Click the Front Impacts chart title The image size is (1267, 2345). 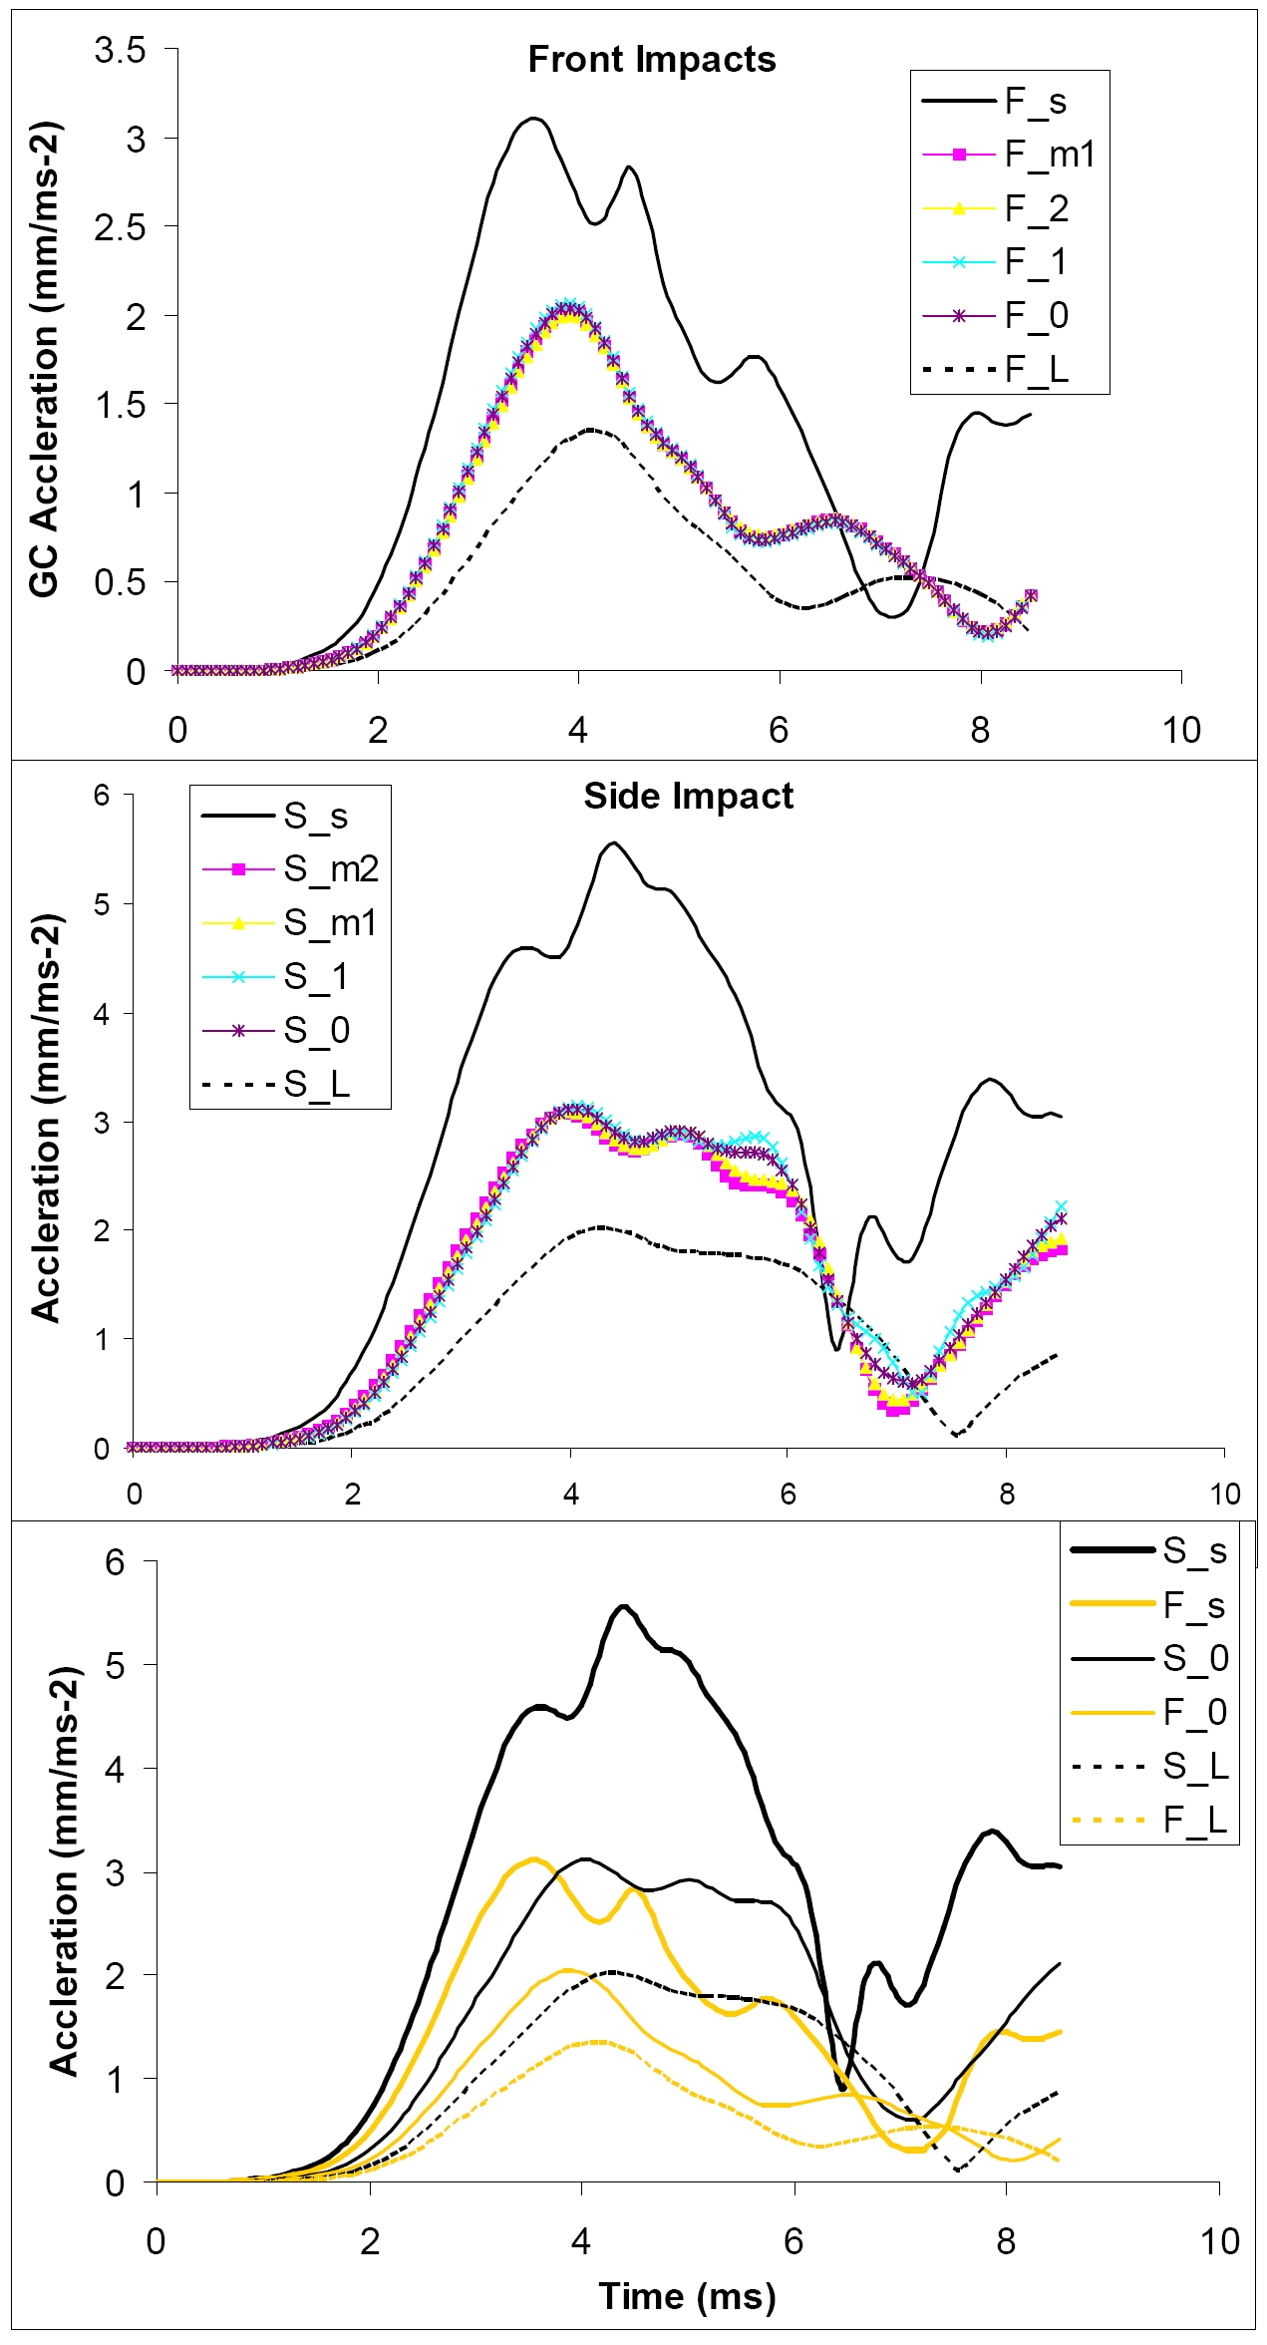point(651,60)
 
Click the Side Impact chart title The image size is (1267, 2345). point(688,796)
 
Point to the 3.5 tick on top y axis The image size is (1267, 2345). point(121,50)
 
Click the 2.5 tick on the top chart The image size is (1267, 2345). point(121,227)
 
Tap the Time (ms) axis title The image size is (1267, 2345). point(687,2296)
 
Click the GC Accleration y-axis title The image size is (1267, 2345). point(45,359)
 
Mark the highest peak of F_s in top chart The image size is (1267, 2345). point(535,119)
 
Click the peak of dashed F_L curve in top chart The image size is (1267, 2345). point(591,430)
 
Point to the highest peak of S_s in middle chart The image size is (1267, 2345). point(614,843)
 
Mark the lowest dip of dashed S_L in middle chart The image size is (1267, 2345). point(955,1436)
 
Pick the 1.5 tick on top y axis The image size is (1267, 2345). point(121,405)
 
